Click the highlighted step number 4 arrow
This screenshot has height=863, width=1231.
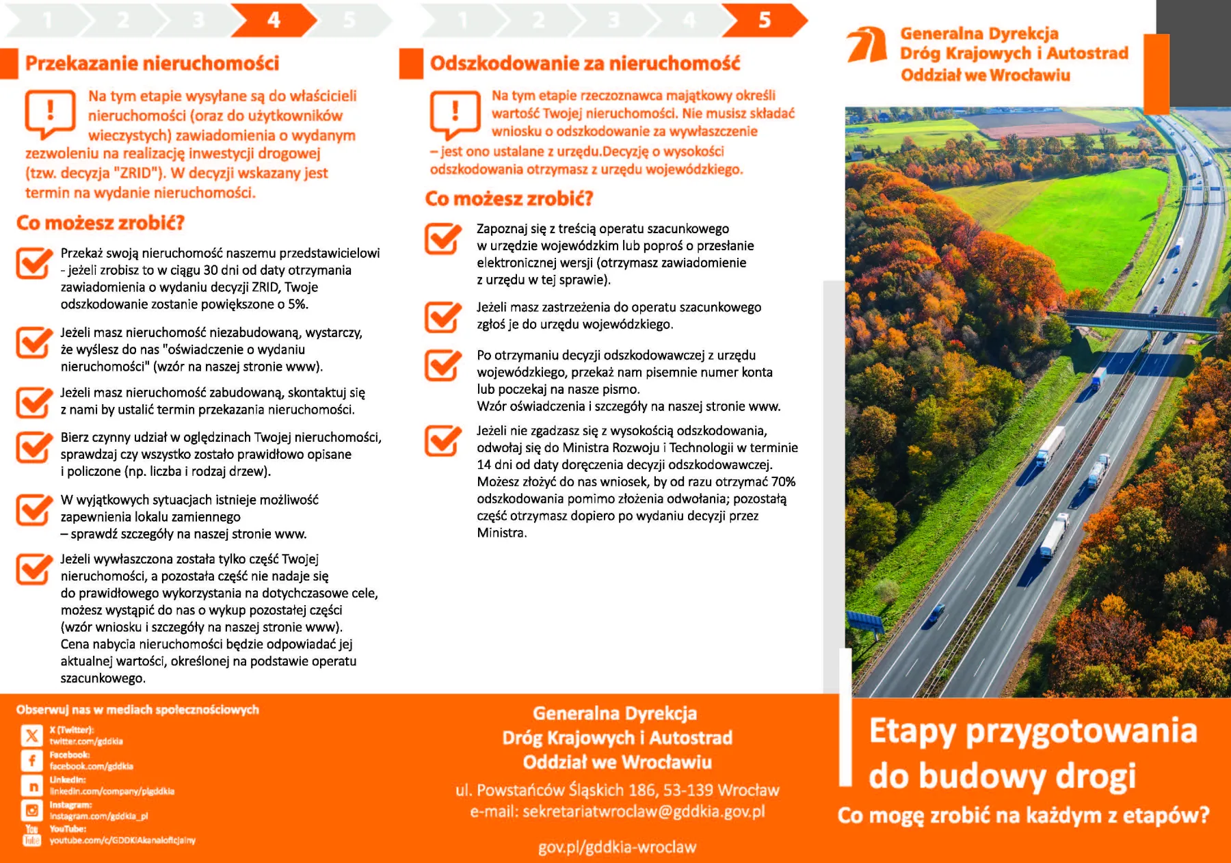tap(274, 21)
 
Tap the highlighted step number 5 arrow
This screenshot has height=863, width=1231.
tap(764, 21)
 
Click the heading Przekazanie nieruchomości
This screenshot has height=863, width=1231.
tap(152, 64)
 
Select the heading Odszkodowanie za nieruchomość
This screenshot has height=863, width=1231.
tap(585, 64)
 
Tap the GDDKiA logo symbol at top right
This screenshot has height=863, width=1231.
tap(867, 45)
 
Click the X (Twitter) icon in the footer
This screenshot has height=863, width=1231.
tap(32, 736)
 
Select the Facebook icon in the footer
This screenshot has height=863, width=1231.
tap(32, 760)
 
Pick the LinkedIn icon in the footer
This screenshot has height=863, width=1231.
tap(32, 786)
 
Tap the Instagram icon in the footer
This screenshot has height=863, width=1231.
tap(32, 811)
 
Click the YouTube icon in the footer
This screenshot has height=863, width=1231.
tap(32, 835)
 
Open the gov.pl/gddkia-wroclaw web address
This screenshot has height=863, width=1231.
tap(617, 847)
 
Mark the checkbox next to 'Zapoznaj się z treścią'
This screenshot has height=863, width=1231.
tap(442, 238)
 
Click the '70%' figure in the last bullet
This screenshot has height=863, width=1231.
tap(783, 482)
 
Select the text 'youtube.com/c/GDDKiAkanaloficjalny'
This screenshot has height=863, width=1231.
tap(122, 840)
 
